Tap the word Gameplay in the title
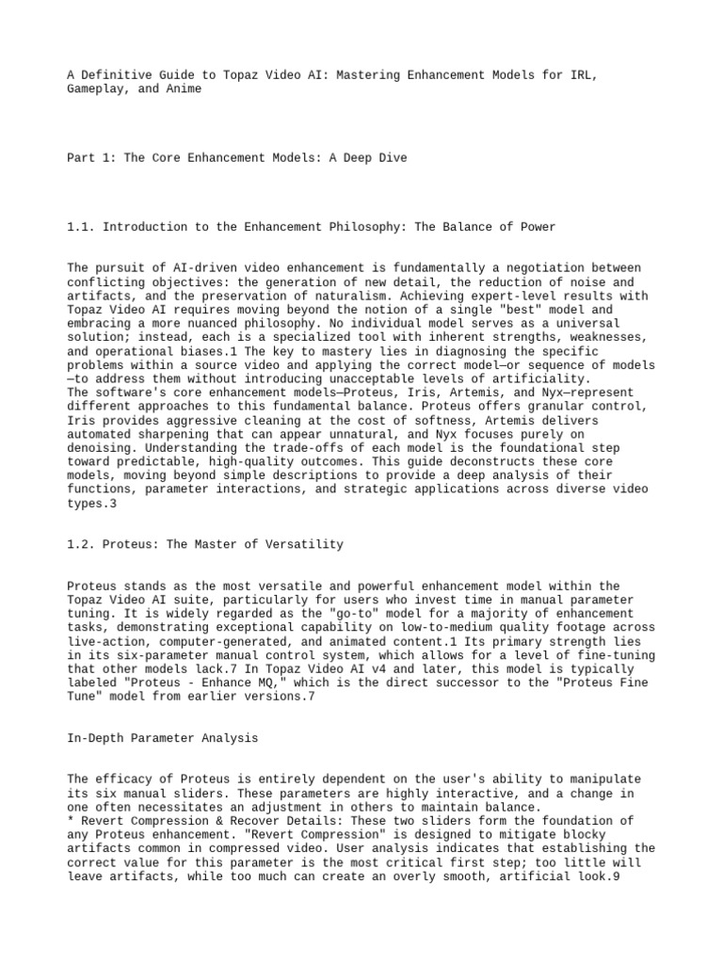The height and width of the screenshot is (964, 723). click(99, 88)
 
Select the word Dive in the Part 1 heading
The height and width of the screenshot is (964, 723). click(390, 158)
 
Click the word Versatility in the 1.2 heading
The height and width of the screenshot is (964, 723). click(305, 544)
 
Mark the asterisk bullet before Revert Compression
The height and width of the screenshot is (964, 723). click(71, 821)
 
